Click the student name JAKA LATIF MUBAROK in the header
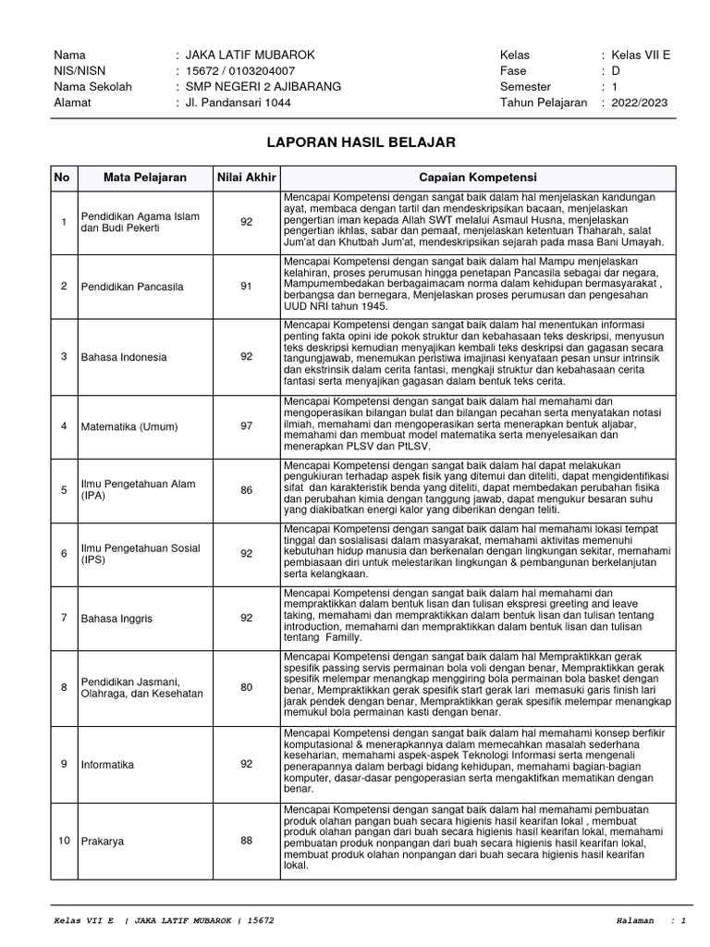(250, 55)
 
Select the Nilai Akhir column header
(246, 177)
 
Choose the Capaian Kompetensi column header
(477, 177)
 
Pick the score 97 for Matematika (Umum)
(246, 425)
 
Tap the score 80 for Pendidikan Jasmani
(246, 687)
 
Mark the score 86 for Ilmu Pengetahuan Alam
(246, 489)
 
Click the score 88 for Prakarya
(246, 841)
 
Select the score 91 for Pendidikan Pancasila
(246, 286)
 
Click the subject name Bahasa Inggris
(116, 617)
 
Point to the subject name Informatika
(108, 765)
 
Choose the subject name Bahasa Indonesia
(124, 356)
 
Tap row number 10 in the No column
(64, 841)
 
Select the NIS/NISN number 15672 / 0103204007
(241, 71)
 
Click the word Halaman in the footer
(635, 921)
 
